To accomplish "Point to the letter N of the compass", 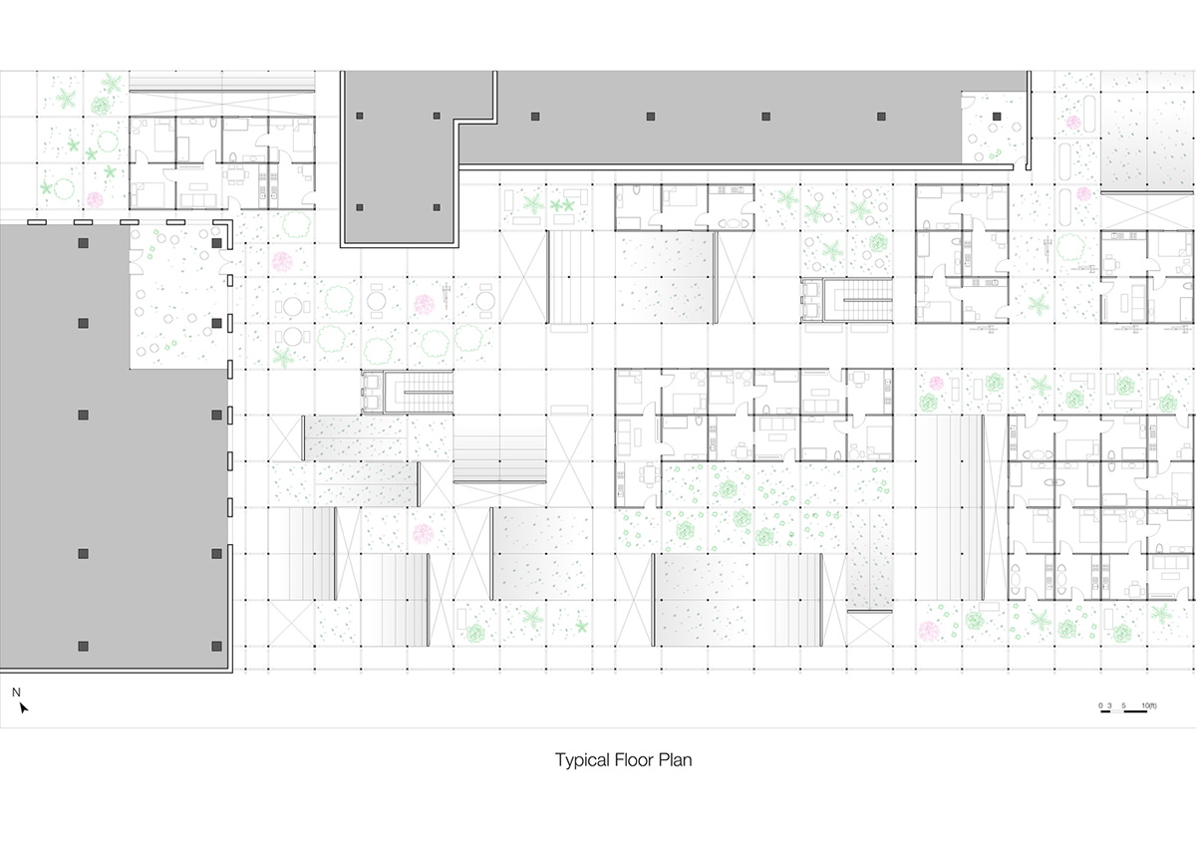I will [x=16, y=692].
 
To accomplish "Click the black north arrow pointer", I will [x=23, y=708].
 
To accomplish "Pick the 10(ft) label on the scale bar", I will [x=1150, y=704].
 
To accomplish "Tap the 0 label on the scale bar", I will [x=1101, y=704].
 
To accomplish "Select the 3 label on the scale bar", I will [x=1109, y=704].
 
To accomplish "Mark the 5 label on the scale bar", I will [x=1123, y=704].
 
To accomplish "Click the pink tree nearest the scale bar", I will [x=930, y=631].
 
